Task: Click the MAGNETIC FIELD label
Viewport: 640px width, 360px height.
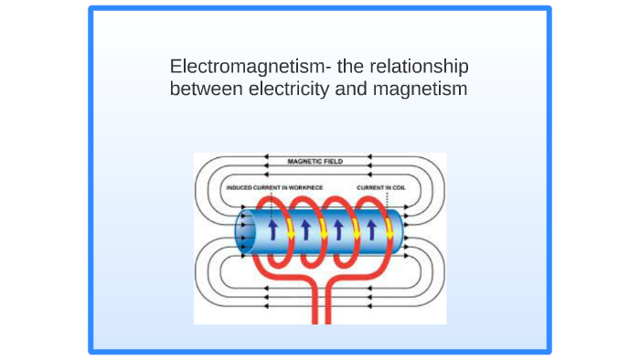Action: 315,161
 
